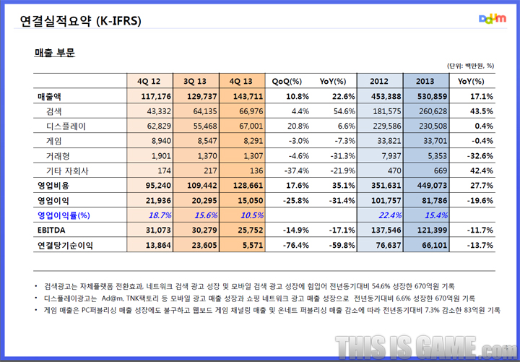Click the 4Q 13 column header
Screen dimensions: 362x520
pyautogui.click(x=241, y=81)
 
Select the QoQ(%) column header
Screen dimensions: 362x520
pyautogui.click(x=287, y=81)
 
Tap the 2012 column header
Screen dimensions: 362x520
pyautogui.click(x=379, y=81)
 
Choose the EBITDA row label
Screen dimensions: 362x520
pyautogui.click(x=51, y=230)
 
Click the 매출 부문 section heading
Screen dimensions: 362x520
pyautogui.click(x=55, y=53)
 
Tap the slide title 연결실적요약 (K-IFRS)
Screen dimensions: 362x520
pyautogui.click(x=81, y=21)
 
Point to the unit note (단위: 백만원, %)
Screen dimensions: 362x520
pyautogui.click(x=469, y=64)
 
